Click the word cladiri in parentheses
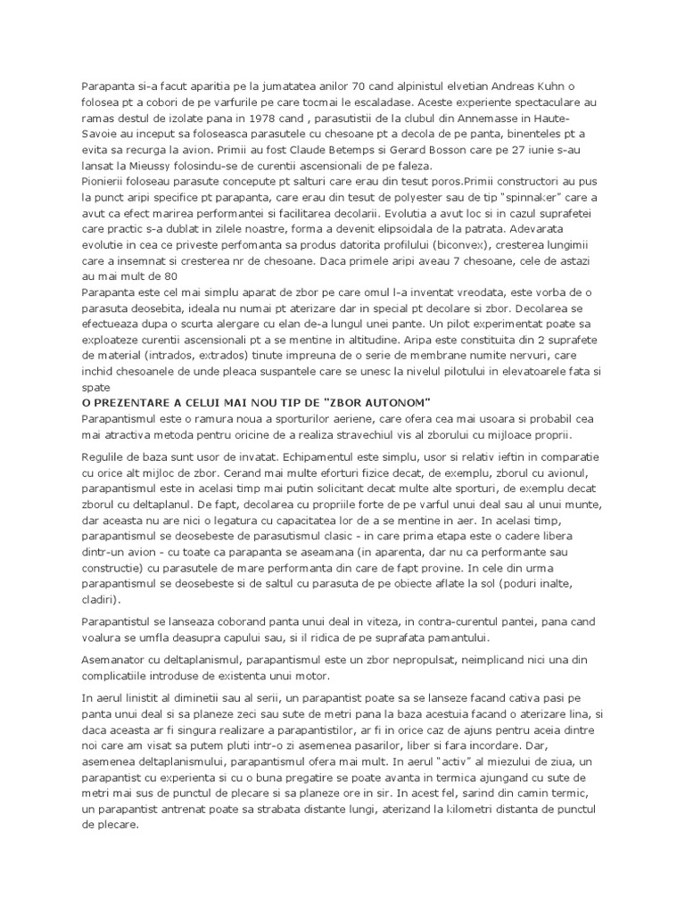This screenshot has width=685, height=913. (103, 601)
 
